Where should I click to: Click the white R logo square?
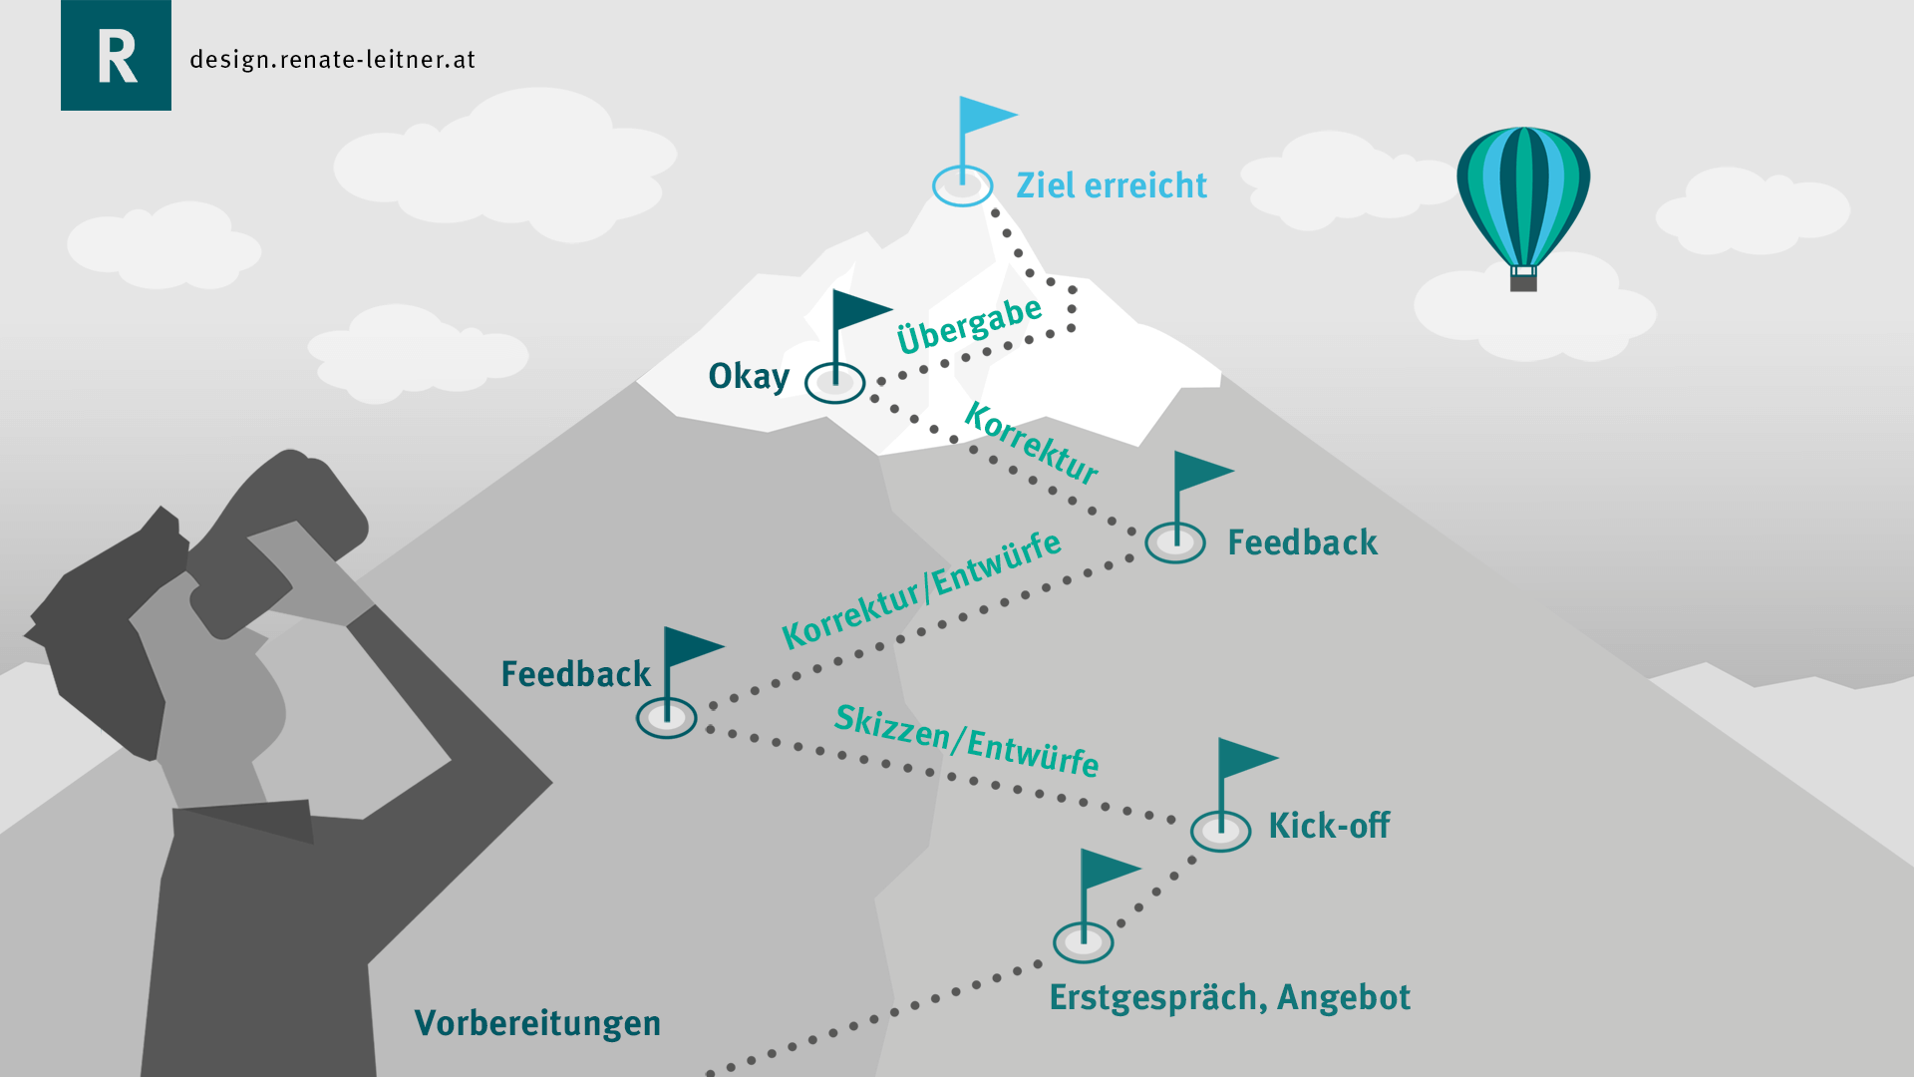116,56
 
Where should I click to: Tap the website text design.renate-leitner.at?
332,60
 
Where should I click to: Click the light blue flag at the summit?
985,117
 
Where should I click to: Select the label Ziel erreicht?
1111,185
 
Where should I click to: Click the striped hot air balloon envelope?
1522,194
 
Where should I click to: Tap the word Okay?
749,376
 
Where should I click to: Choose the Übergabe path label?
969,325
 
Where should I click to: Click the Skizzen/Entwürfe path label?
966,740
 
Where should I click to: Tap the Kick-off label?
1329,826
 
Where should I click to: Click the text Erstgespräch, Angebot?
1229,997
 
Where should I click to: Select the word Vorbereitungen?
537,1023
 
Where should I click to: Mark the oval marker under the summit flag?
962,186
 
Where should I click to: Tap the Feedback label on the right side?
1302,542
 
